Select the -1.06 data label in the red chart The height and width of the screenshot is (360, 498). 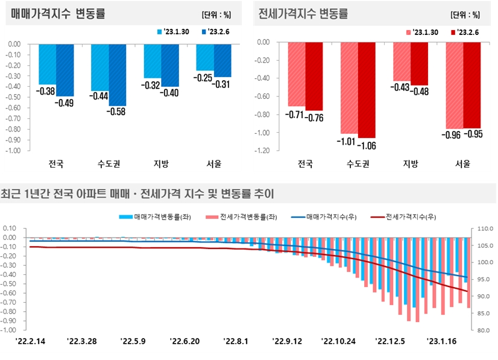[x=367, y=145]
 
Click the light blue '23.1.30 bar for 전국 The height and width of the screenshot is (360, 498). [x=48, y=64]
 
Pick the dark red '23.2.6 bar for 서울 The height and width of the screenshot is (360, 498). [x=471, y=85]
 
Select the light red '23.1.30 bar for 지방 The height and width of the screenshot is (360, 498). [x=402, y=62]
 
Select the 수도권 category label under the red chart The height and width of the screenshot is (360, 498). [x=358, y=163]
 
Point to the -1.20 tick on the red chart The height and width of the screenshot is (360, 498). [x=261, y=151]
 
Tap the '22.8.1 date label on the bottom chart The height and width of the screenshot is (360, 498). [x=236, y=341]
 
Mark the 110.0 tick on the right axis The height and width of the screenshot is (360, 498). [x=485, y=229]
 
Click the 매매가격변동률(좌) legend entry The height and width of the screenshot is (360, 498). [x=156, y=216]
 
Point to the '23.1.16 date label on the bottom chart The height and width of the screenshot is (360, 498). [x=443, y=341]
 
